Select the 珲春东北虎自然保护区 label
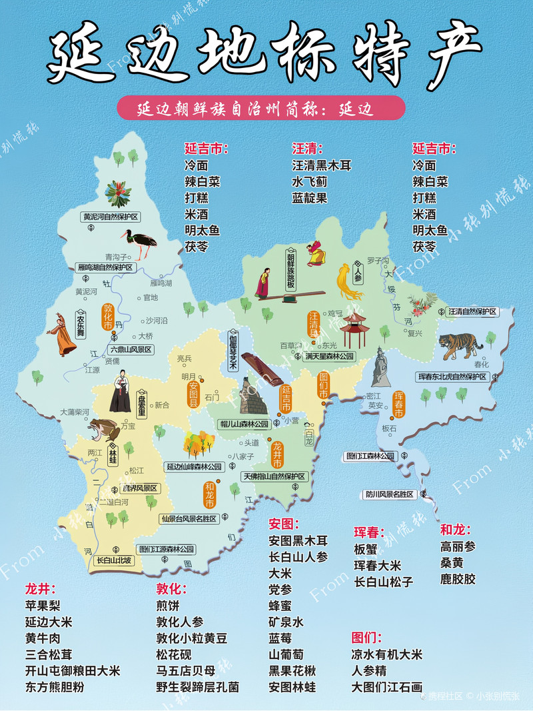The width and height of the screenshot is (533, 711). pyautogui.click(x=453, y=377)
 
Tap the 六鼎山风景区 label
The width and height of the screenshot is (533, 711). pyautogui.click(x=131, y=349)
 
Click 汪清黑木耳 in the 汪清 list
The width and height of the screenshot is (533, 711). pyautogui.click(x=321, y=165)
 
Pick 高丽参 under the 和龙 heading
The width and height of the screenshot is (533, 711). pyautogui.click(x=458, y=546)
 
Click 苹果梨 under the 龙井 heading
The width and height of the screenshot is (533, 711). pyautogui.click(x=43, y=606)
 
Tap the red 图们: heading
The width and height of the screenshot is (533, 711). pyautogui.click(x=366, y=638)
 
